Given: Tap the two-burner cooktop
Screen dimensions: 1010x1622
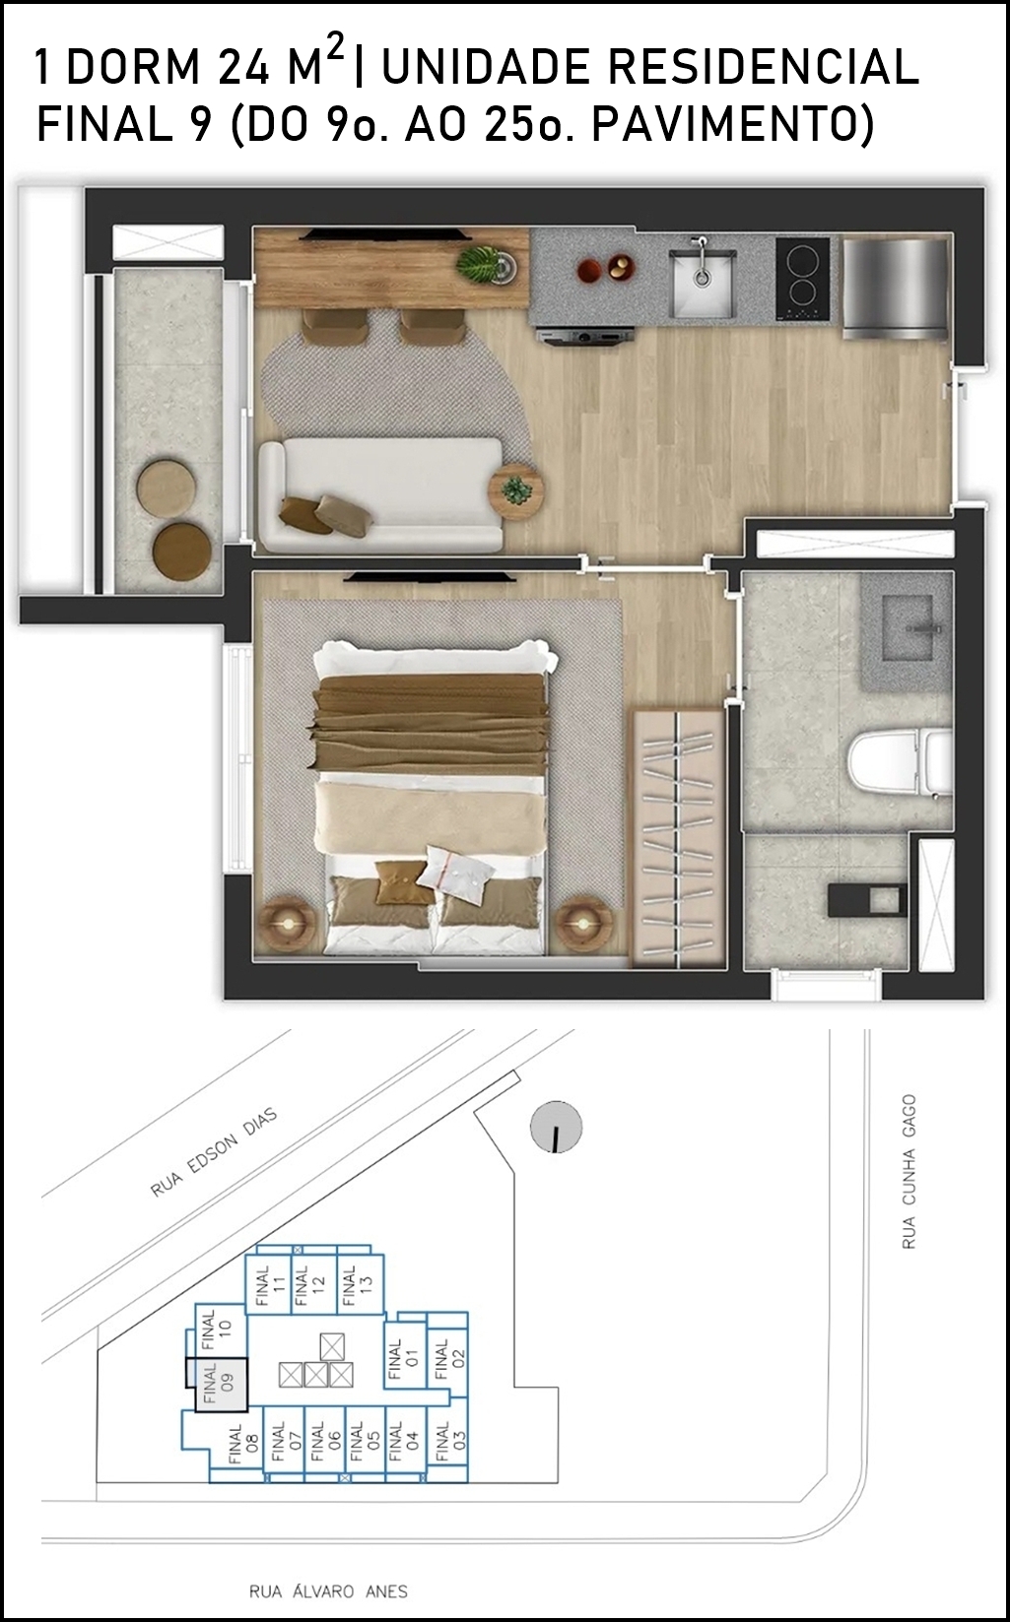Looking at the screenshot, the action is point(802,279).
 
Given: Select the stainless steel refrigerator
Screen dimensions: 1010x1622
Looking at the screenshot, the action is point(895,289).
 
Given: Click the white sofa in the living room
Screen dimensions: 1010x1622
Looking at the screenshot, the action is point(381,494).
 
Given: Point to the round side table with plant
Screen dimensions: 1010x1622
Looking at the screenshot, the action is point(516,491).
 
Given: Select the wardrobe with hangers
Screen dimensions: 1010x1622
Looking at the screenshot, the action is point(679,838).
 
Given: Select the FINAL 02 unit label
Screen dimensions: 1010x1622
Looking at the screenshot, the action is point(448,1360).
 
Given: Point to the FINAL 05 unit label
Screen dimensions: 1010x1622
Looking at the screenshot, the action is point(365,1442).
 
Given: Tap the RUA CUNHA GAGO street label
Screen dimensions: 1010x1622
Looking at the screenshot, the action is point(909,1171).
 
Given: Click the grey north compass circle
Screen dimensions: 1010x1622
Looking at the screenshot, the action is point(556,1127).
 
